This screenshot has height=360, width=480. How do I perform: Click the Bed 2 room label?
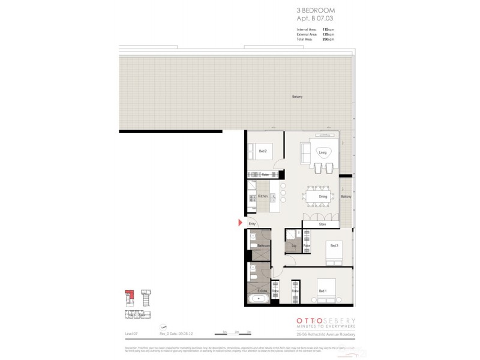click(262, 152)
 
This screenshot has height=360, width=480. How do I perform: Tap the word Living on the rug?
click(322, 153)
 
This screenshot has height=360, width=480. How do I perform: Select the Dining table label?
click(323, 197)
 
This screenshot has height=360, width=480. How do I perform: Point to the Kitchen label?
click(262, 196)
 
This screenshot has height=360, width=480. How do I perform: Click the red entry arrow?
click(241, 224)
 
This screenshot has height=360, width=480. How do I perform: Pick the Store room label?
click(322, 224)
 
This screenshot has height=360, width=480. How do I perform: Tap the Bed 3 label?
click(334, 245)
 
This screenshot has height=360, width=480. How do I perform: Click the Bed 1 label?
click(322, 291)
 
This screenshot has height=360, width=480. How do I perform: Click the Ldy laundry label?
click(293, 246)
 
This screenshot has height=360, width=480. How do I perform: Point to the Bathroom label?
click(263, 246)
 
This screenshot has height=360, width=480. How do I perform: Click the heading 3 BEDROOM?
click(316, 11)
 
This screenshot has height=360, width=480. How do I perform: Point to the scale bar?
click(236, 332)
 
